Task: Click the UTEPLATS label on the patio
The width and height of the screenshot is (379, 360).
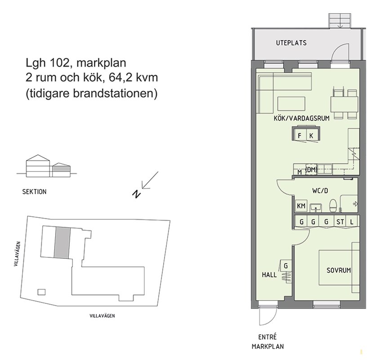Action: tap(291, 43)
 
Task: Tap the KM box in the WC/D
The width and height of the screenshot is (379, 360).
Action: tap(301, 206)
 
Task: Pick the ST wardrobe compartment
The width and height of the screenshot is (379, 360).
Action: tap(340, 221)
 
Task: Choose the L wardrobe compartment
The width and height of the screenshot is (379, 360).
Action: tap(352, 221)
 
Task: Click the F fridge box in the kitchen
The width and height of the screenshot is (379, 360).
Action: tap(300, 135)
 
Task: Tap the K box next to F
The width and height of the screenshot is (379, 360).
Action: tap(312, 135)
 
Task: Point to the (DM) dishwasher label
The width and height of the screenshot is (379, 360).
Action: tap(311, 170)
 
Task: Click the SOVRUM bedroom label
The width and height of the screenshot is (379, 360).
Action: tap(339, 270)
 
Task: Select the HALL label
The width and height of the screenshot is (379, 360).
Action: tap(269, 274)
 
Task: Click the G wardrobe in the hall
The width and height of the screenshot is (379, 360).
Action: tap(285, 266)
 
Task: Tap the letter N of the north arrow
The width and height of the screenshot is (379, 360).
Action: tap(137, 194)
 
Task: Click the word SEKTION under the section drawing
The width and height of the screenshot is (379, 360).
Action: tap(34, 192)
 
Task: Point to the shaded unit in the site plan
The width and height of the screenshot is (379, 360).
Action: tap(62, 243)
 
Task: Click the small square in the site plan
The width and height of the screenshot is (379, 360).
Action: tap(41, 292)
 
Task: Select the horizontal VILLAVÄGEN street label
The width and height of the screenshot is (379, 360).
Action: tap(102, 316)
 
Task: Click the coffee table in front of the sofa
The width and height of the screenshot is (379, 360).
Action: tap(291, 103)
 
